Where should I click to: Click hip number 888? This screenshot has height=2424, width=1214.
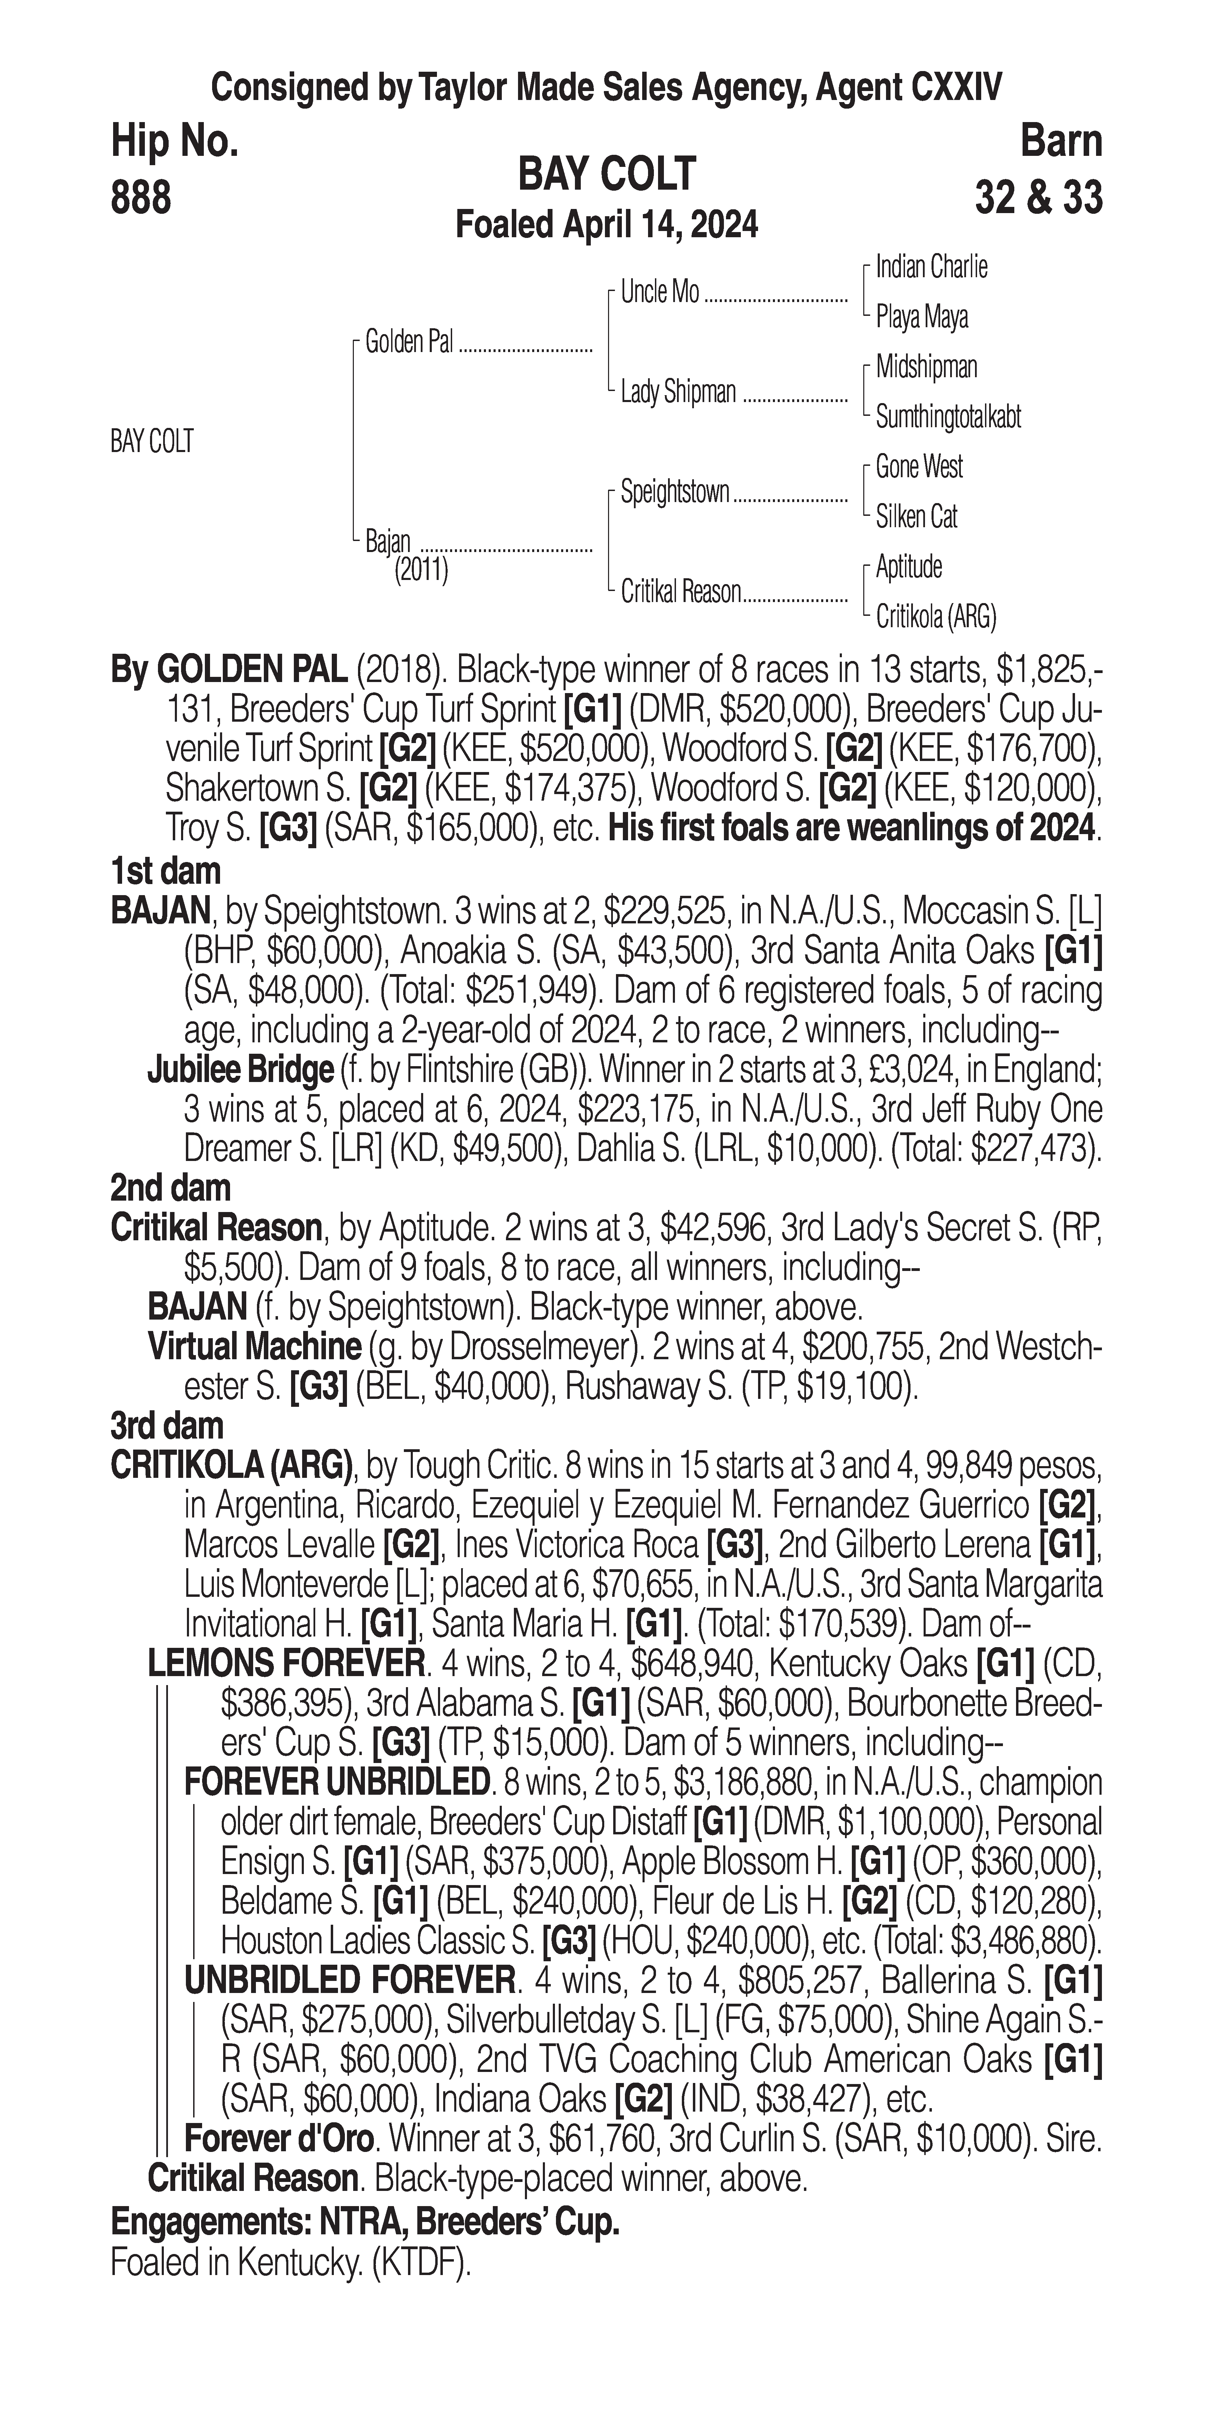click(x=141, y=199)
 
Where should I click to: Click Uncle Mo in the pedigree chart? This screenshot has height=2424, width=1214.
click(x=660, y=293)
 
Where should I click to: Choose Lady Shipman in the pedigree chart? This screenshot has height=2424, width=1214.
click(x=678, y=392)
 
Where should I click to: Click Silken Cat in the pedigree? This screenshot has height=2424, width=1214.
click(x=917, y=517)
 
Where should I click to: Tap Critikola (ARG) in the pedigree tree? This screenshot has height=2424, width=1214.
click(x=935, y=617)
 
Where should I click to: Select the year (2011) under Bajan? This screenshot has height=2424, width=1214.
click(x=421, y=570)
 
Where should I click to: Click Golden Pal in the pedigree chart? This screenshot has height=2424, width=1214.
click(x=408, y=342)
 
